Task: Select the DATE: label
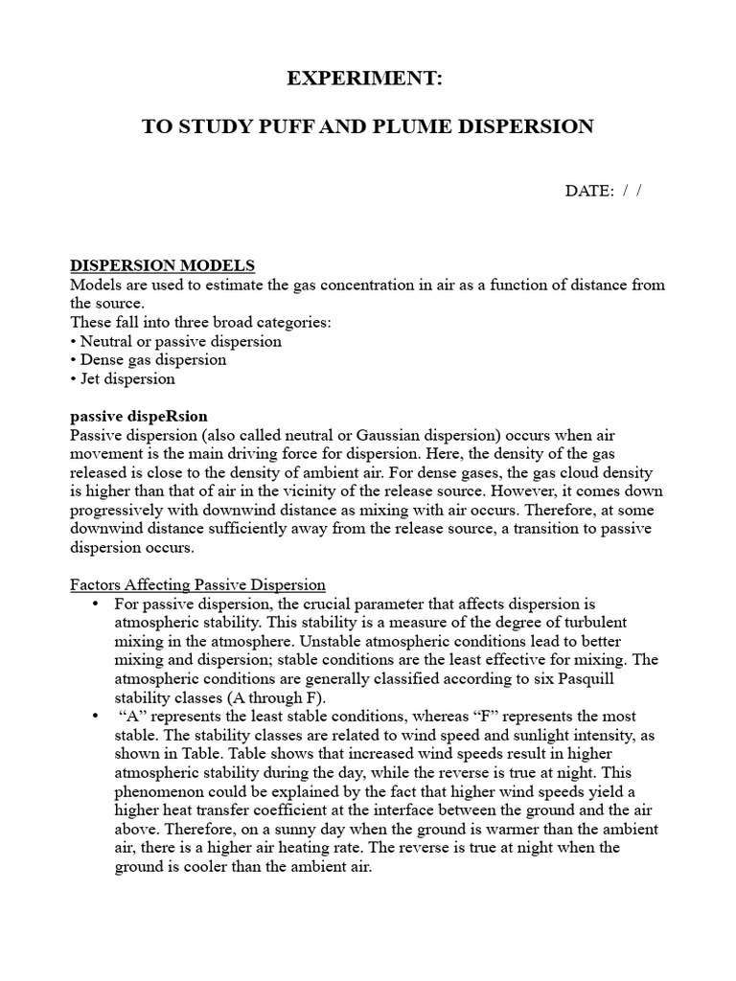[588, 191]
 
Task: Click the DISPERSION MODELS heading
[163, 265]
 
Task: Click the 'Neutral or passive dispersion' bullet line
[176, 341]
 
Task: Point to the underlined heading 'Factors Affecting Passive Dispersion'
[198, 584]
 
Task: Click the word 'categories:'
[293, 322]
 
